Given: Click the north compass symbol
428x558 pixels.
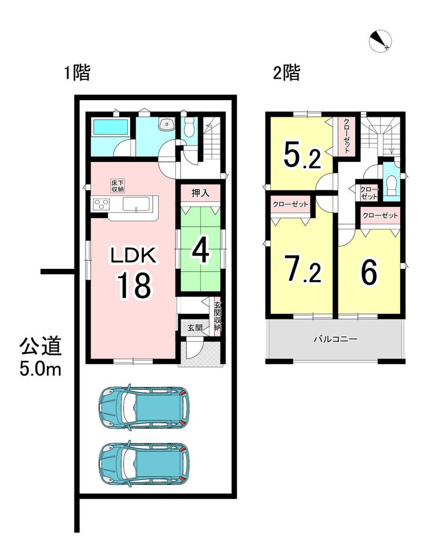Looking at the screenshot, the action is (x=381, y=41).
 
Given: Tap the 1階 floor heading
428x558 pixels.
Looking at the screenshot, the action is (x=77, y=73).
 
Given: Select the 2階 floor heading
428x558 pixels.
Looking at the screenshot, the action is (x=287, y=73).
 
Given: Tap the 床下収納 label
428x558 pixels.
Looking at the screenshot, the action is (x=117, y=186).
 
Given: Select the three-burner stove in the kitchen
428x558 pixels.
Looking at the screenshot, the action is (x=101, y=204).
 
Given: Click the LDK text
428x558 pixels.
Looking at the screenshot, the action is (x=133, y=256).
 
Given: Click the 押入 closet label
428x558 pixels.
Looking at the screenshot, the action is (x=201, y=193).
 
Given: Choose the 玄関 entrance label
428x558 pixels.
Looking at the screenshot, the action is (x=194, y=327).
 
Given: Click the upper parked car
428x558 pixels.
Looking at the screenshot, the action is (x=144, y=405).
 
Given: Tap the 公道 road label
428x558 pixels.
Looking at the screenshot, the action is (x=40, y=346).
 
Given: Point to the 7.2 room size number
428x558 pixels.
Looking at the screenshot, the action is (x=304, y=269).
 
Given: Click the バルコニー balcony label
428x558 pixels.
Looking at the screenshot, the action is (x=335, y=339).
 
